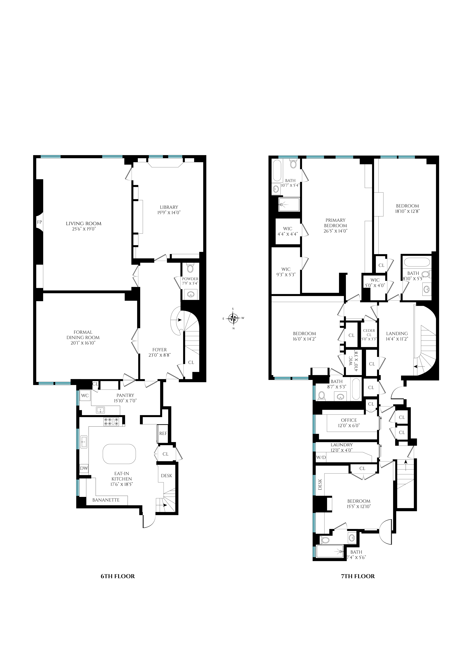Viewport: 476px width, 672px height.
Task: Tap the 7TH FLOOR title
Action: click(x=358, y=576)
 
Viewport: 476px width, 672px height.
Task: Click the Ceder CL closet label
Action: click(x=369, y=333)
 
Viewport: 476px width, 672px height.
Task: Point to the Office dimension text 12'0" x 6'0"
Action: click(x=349, y=426)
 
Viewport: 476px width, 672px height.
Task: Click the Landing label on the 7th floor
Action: click(x=397, y=334)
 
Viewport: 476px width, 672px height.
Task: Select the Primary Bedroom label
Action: click(x=336, y=223)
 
